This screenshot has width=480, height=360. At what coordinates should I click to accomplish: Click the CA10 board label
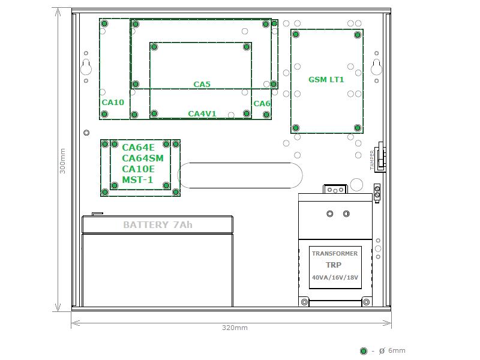pos(113,102)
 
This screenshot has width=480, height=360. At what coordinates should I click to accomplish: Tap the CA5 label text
pos(202,84)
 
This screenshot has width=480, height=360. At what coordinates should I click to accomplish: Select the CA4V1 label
pos(202,113)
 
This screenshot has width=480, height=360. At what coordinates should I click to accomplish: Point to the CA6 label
pos(262,104)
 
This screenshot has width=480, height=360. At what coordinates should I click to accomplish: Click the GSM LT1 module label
pos(326,80)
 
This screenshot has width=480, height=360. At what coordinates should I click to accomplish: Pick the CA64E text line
pos(138,148)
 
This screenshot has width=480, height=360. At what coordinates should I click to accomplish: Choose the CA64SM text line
pos(143,158)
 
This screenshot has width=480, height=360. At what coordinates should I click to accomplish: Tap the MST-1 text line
pos(137,179)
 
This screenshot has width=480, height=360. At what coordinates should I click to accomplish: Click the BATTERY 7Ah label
pos(158,224)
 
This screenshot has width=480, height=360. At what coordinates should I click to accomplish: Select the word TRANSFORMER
pos(335,253)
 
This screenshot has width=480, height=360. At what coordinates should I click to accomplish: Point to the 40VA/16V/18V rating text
pos(335,277)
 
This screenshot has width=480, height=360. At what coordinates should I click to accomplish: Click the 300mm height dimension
pos(62,161)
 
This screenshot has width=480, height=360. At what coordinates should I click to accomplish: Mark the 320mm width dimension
pos(235,328)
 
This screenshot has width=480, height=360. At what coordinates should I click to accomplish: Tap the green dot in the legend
pos(364,351)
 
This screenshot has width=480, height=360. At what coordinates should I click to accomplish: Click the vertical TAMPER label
pos(372,160)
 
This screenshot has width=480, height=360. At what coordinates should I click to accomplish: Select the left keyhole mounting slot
pos(86,67)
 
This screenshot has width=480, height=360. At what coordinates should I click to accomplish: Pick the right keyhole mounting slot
pos(377,67)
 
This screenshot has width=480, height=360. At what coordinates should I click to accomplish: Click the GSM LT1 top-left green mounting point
pos(296,34)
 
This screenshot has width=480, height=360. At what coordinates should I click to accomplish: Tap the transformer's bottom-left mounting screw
pos(304,302)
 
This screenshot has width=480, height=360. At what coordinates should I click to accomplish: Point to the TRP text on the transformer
pos(334,265)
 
